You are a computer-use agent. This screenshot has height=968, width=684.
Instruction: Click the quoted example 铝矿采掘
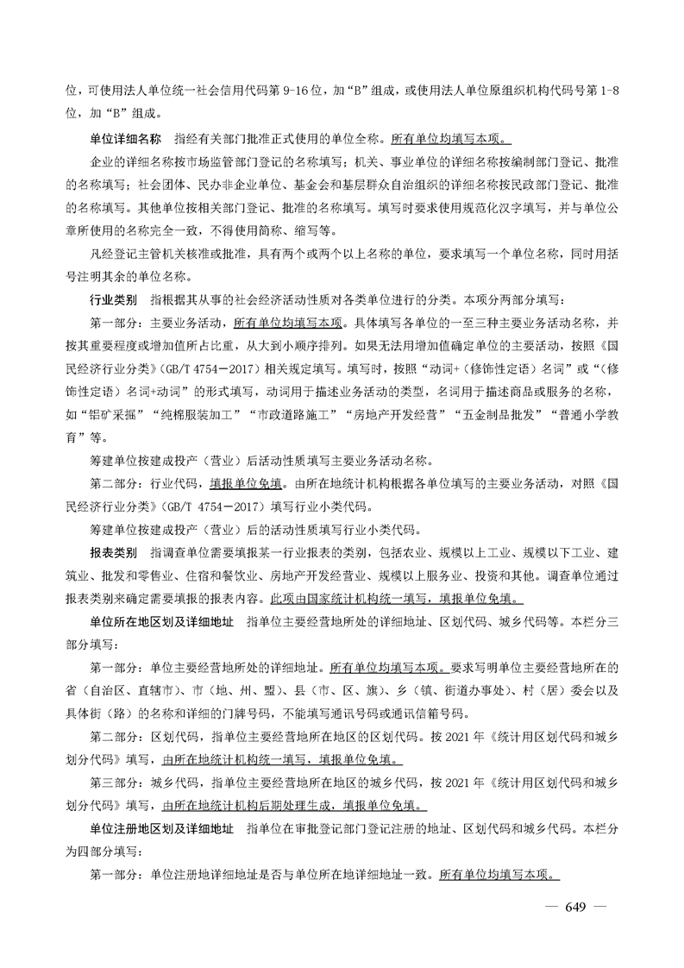(114, 412)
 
